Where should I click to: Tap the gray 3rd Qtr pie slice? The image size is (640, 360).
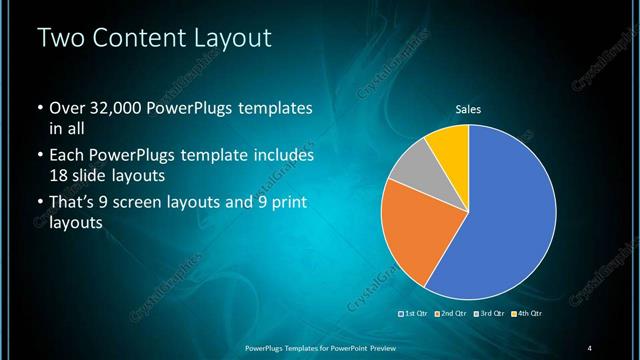(x=411, y=167)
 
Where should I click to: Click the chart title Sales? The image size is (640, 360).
(x=469, y=109)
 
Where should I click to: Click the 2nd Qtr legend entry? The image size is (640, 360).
(x=454, y=314)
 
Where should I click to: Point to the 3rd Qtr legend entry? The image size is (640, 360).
(x=490, y=314)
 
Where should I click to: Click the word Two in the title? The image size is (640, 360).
(x=59, y=39)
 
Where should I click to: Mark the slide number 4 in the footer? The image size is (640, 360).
(x=590, y=347)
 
